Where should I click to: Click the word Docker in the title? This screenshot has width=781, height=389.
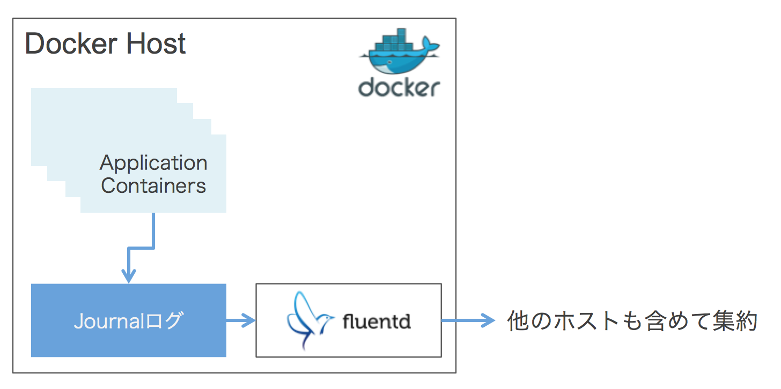click(x=71, y=44)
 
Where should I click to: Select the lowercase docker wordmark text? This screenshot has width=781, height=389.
click(x=399, y=87)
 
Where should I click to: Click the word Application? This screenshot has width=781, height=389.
click(x=153, y=163)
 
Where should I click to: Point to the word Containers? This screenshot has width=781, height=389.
click(x=153, y=186)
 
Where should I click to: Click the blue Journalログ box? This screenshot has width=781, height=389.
click(x=129, y=320)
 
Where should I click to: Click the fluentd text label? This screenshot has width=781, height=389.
click(x=377, y=321)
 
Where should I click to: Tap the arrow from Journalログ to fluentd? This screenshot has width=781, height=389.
click(x=241, y=321)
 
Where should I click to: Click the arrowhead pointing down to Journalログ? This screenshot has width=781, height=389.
click(x=129, y=276)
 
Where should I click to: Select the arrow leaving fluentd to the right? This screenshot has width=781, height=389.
click(x=468, y=321)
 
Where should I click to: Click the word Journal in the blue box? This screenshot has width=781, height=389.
click(x=110, y=321)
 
